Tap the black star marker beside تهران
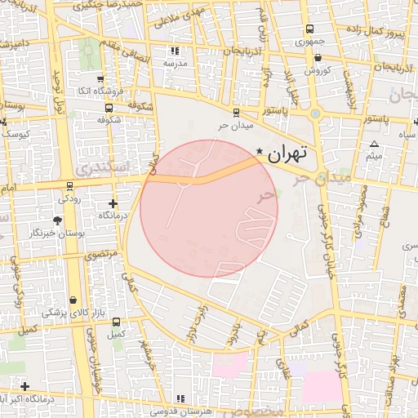[x=260, y=151]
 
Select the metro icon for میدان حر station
[x=236, y=113]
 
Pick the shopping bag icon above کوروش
[x=318, y=57]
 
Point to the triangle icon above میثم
[x=375, y=144]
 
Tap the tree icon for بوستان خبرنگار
[x=57, y=220]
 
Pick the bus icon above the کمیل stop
[x=117, y=322]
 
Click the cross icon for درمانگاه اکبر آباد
[x=25, y=386]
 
